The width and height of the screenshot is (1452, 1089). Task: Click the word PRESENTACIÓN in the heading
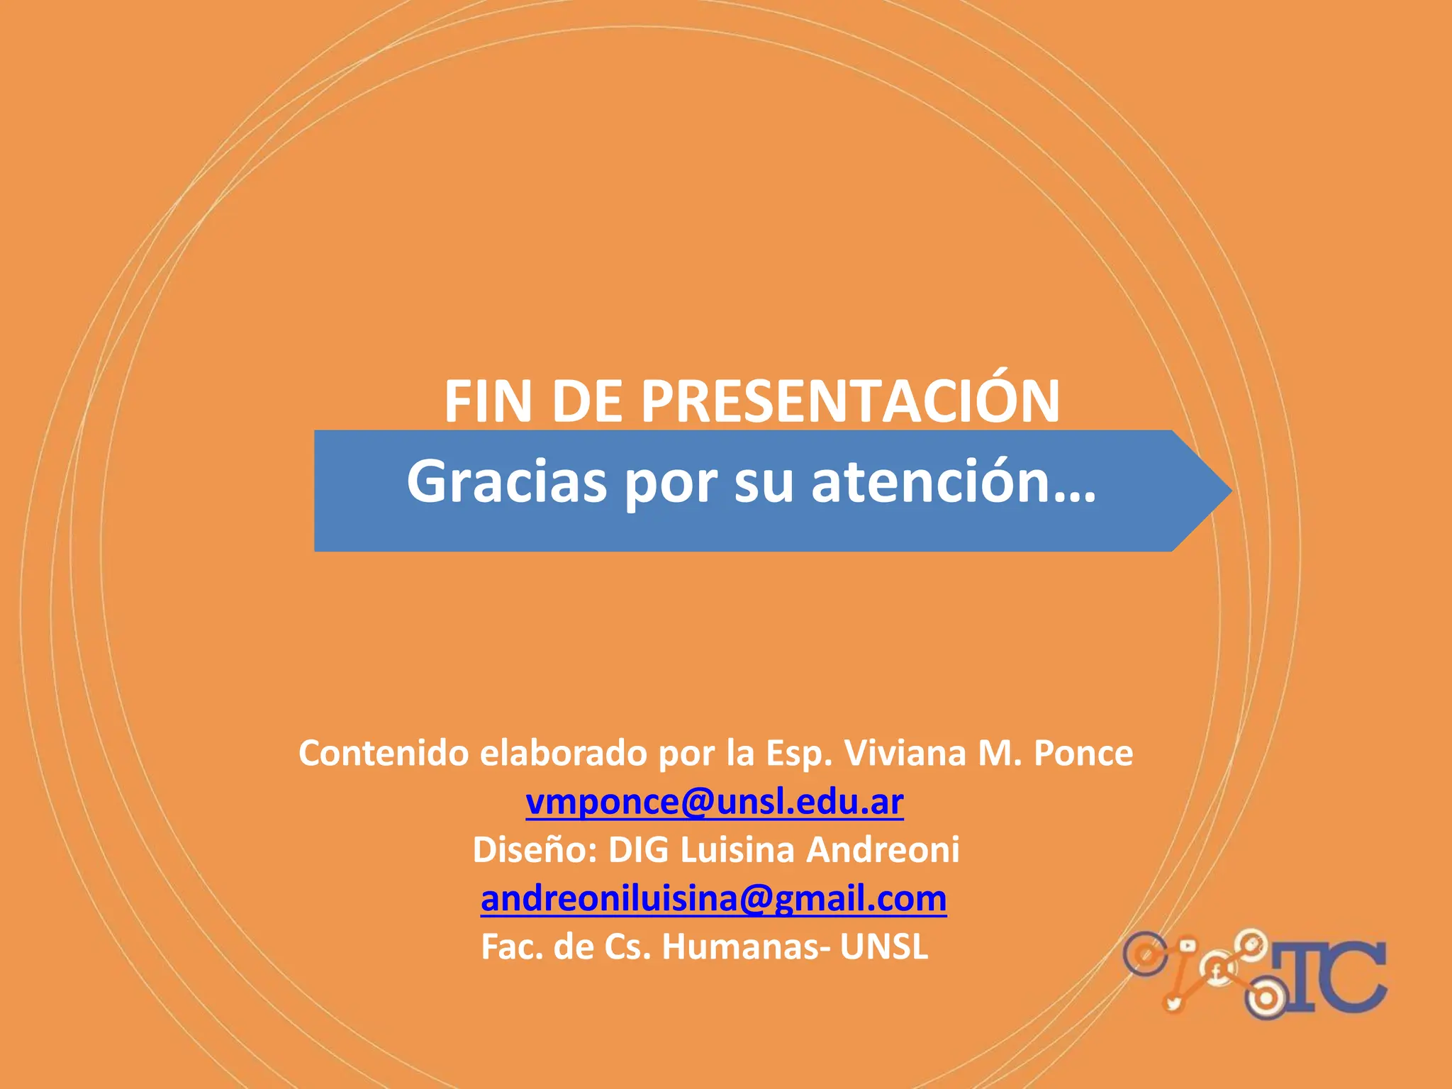point(850,401)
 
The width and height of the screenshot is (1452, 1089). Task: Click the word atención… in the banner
point(953,482)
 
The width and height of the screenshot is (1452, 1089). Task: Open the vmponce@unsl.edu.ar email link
point(715,802)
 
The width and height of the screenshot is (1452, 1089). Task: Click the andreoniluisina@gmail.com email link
point(714,898)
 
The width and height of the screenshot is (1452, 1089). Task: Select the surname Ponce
point(1083,753)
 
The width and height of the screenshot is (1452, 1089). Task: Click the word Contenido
point(384,753)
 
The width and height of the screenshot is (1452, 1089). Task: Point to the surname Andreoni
point(883,850)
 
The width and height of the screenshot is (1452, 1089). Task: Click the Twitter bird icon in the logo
point(1174,1002)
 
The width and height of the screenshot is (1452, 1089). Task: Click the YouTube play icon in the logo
point(1188,946)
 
